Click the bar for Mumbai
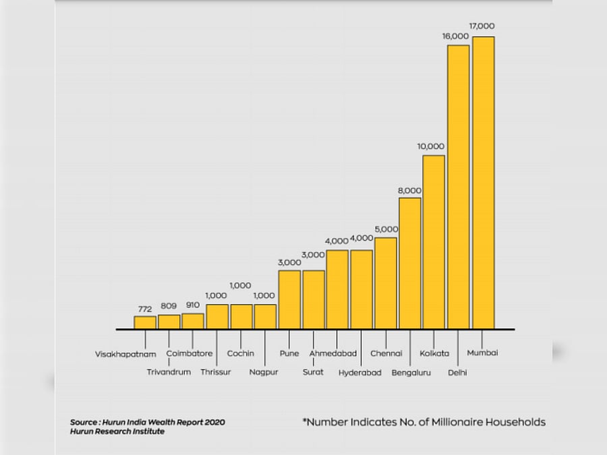483,183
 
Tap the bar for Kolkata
434,242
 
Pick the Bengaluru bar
409,263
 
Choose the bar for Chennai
386,283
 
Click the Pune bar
289,299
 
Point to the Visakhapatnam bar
145,322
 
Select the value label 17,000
483,26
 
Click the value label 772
145,309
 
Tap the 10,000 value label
431,146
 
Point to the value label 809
169,305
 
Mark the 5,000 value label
386,229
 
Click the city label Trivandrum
169,372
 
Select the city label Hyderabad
359,373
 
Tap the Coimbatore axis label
190,353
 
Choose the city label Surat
313,372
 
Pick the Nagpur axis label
262,372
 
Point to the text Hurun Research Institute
117,431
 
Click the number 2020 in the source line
213,422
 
